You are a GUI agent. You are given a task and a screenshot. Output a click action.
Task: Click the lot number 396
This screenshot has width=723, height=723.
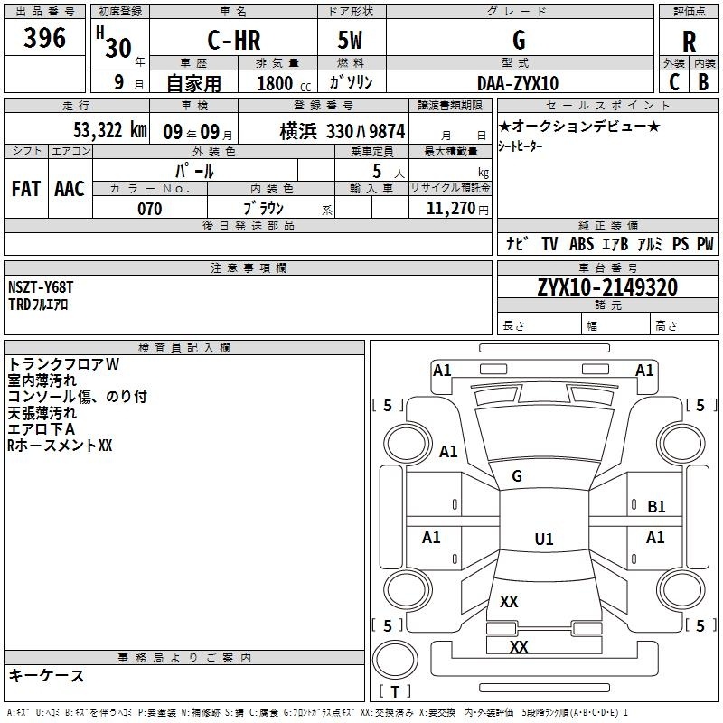click(x=44, y=37)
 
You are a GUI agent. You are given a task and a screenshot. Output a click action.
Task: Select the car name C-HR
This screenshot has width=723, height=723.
click(x=234, y=40)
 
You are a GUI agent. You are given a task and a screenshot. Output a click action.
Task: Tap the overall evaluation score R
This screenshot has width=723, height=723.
click(x=689, y=41)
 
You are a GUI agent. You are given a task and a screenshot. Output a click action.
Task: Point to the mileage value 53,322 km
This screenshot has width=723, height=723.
click(x=110, y=130)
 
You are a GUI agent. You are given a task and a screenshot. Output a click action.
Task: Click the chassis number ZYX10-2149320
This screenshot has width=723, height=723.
click(x=607, y=286)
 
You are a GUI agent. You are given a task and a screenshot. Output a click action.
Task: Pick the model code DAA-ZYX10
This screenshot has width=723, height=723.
click(x=518, y=83)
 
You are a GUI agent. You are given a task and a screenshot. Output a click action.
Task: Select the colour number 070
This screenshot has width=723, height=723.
click(x=150, y=209)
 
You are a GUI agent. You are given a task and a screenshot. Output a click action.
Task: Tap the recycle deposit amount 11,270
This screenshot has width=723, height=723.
click(x=450, y=208)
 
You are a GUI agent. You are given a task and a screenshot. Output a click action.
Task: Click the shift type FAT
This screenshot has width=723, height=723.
click(x=26, y=189)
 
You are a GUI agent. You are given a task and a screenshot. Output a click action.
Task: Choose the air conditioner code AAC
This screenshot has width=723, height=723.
click(x=70, y=189)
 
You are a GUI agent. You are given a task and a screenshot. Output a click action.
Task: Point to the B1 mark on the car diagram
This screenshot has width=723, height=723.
click(x=656, y=507)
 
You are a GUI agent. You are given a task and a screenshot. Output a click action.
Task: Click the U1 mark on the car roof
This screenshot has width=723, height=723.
click(x=544, y=539)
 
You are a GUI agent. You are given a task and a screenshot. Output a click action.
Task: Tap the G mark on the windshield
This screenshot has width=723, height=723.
click(x=517, y=476)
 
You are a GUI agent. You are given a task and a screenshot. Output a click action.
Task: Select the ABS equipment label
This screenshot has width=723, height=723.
click(x=581, y=244)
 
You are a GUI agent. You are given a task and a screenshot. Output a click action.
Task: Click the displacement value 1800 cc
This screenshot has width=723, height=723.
click(x=284, y=83)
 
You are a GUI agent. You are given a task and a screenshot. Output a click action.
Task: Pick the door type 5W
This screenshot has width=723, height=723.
click(x=350, y=40)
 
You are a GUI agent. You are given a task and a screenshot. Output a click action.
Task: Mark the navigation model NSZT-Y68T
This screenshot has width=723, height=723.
click(x=41, y=287)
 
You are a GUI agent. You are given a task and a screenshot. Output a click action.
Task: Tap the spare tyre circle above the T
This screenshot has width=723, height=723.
click(x=395, y=660)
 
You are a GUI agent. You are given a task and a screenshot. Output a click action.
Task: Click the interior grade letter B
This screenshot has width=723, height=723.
click(x=703, y=82)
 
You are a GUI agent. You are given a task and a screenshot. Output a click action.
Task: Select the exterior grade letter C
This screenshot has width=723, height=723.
click(x=674, y=82)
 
